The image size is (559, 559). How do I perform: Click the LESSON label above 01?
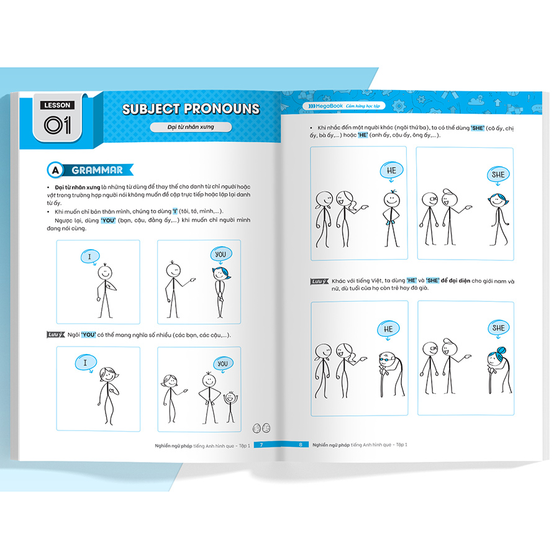pyautogui.click(x=57, y=105)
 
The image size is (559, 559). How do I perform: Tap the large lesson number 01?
pyautogui.click(x=57, y=125)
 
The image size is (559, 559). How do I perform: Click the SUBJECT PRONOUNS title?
pyautogui.click(x=191, y=109)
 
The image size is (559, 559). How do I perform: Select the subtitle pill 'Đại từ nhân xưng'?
pyautogui.click(x=191, y=127)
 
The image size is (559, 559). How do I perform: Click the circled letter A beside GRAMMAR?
pyautogui.click(x=55, y=170)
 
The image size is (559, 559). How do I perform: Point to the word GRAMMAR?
pyautogui.click(x=98, y=170)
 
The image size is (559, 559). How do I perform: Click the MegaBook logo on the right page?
pyautogui.click(x=325, y=106)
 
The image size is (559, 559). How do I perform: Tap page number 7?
pyautogui.click(x=261, y=445)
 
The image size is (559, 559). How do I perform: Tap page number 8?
pyautogui.click(x=301, y=445)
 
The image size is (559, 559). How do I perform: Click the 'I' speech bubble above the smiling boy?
pyautogui.click(x=89, y=257)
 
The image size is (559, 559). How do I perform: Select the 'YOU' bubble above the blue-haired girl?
pyautogui.click(x=221, y=255)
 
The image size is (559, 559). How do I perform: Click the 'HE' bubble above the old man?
pyautogui.click(x=388, y=329)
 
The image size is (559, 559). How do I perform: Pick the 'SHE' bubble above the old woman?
pyautogui.click(x=498, y=328)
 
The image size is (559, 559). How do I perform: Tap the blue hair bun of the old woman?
pyautogui.click(x=501, y=350)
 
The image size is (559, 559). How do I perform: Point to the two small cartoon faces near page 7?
pyautogui.click(x=261, y=428)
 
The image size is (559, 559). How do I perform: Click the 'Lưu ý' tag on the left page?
pyautogui.click(x=56, y=334)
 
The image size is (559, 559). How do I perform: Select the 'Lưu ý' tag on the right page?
pyautogui.click(x=319, y=281)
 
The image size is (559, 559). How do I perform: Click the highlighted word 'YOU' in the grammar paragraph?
pyautogui.click(x=108, y=220)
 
